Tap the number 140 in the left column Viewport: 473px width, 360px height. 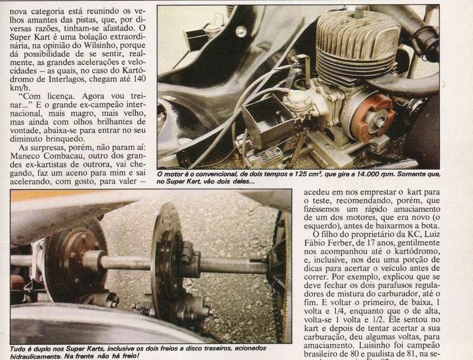click(138, 79)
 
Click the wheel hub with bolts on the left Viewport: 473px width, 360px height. click(76, 260)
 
